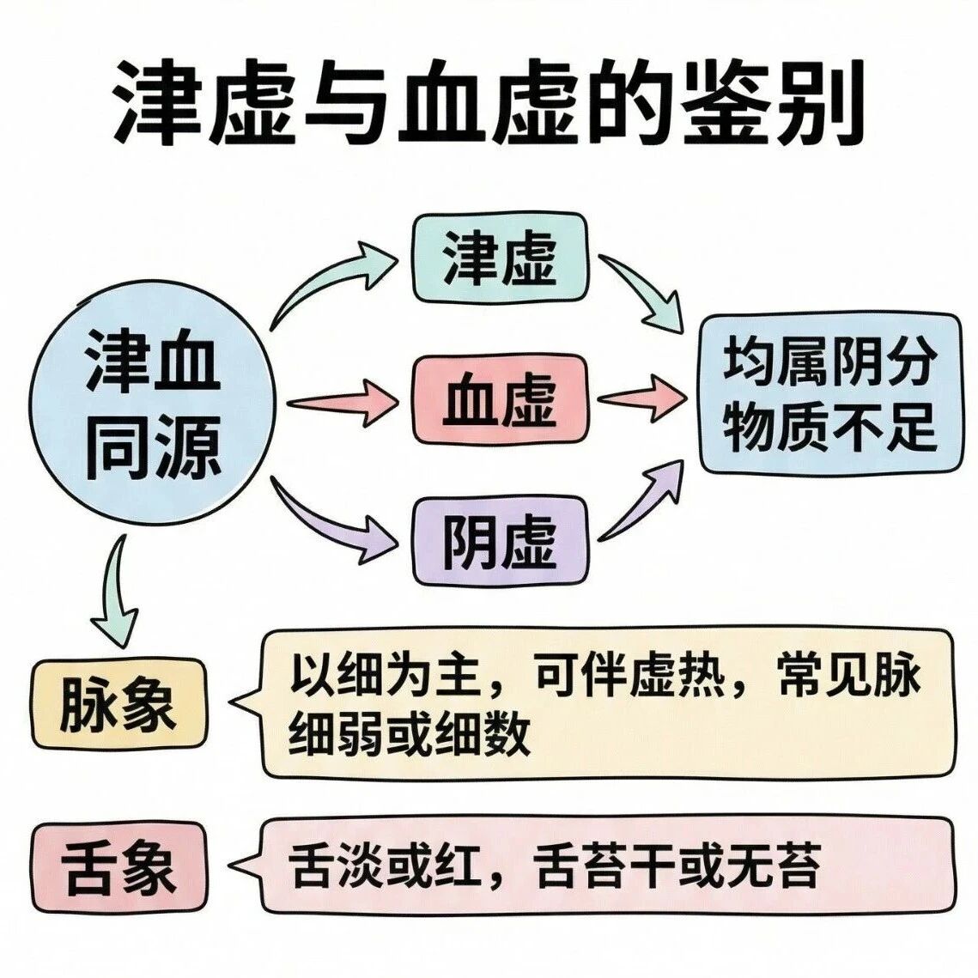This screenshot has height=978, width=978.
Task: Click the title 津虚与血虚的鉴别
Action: (488, 102)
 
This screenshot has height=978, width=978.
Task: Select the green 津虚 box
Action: (500, 257)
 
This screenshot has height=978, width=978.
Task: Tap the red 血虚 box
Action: (500, 399)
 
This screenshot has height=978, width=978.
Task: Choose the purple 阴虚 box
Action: (500, 541)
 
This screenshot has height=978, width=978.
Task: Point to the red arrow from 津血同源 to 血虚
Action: (339, 402)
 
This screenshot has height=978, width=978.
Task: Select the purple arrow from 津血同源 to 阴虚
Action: (331, 519)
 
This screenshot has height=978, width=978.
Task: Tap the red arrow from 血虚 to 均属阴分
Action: (640, 398)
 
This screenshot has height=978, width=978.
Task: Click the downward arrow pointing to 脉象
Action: (116, 592)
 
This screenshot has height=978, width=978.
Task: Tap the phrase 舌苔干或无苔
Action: (678, 867)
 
